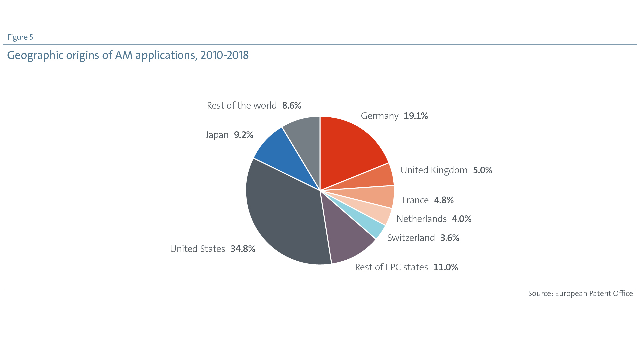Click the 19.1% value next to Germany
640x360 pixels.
click(x=416, y=116)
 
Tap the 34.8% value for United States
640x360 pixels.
click(x=243, y=249)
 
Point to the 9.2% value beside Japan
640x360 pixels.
click(x=243, y=135)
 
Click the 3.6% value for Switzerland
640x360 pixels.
click(x=450, y=238)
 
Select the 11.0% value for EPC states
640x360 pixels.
click(x=445, y=267)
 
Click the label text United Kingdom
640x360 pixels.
click(x=434, y=170)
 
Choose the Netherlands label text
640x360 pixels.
click(x=421, y=219)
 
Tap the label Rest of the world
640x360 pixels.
click(x=242, y=106)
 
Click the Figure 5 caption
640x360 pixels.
click(x=20, y=37)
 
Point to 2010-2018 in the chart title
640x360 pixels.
click(x=224, y=55)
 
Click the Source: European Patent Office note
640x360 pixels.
click(x=580, y=294)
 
